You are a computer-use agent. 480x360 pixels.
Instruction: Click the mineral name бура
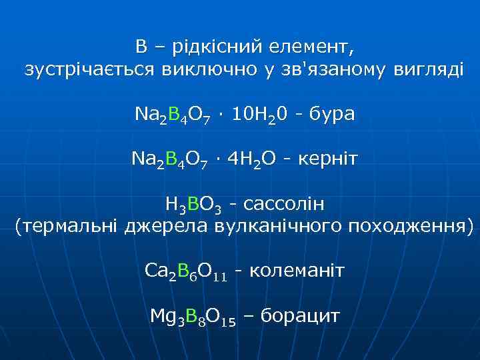coord(329,115)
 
